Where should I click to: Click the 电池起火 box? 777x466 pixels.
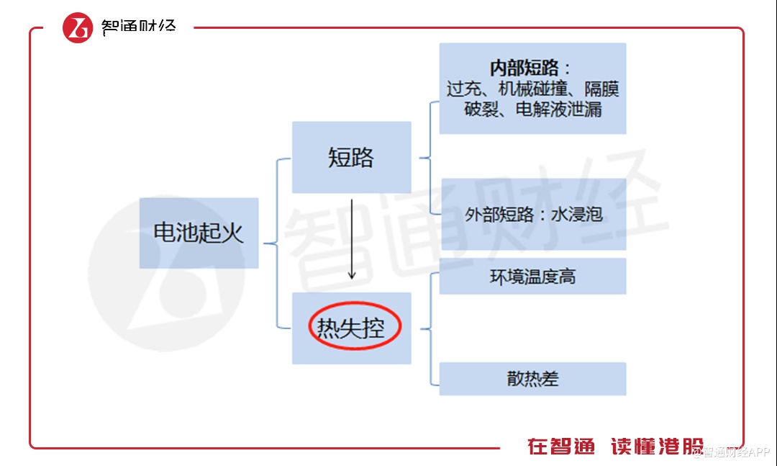[x=199, y=233]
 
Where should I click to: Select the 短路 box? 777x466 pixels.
[x=351, y=157]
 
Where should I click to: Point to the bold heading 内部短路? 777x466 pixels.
[x=524, y=68]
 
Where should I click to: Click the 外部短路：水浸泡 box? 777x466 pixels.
[x=532, y=214]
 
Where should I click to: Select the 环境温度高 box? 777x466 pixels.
[x=532, y=277]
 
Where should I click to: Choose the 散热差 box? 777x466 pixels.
[x=532, y=379]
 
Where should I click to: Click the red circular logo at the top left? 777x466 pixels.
[x=78, y=27]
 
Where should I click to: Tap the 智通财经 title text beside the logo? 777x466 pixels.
[x=139, y=27]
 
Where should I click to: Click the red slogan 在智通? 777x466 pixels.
[x=561, y=447]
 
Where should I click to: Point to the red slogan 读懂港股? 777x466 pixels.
[x=656, y=447]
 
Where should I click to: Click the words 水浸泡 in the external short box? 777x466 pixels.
[x=577, y=214]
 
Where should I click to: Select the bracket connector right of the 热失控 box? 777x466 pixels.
[x=429, y=328]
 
